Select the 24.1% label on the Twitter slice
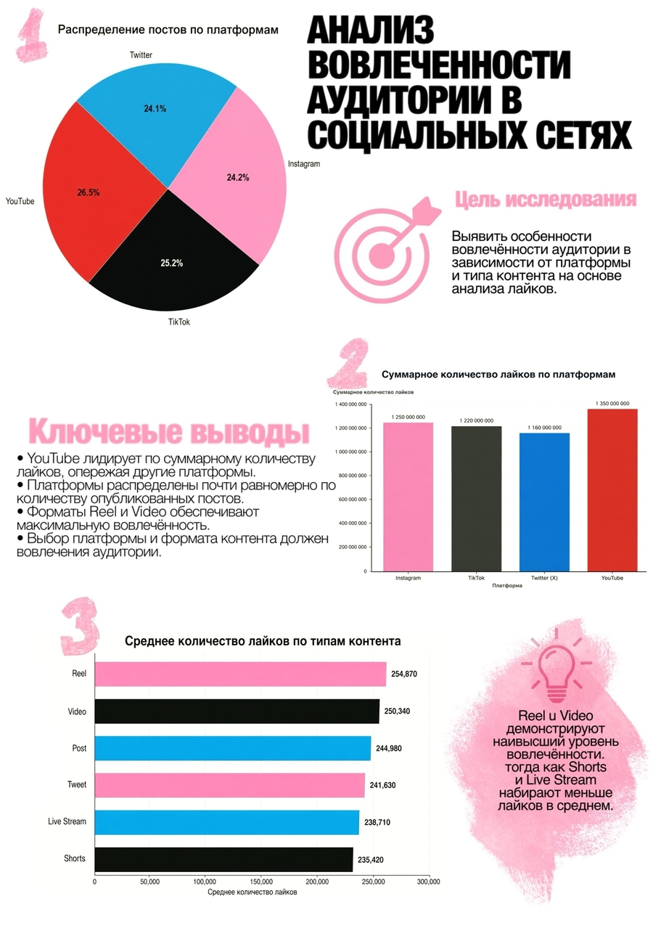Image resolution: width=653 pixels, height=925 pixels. pos(155,109)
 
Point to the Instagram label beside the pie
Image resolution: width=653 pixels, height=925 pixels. pos(304,163)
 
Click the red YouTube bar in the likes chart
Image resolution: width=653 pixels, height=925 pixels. pos(612,490)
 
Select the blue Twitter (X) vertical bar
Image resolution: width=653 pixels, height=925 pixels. pos(544,502)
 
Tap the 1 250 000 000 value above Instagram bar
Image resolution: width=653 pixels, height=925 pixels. pos(408,417)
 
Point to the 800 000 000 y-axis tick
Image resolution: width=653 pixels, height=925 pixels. pos(350,476)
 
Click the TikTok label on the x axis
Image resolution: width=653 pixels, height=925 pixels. pos(477,578)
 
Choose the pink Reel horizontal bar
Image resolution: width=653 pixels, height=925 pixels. pos(241,674)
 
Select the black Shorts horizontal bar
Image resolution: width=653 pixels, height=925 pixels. pos(224,860)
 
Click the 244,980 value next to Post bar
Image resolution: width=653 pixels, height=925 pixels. pos(388,749)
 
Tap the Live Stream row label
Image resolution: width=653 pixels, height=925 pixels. pos(67,821)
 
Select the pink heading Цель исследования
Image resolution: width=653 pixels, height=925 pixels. pos(546,200)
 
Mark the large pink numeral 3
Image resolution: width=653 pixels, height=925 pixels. pos(81,626)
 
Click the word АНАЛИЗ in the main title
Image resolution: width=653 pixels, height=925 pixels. pos(370,30)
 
